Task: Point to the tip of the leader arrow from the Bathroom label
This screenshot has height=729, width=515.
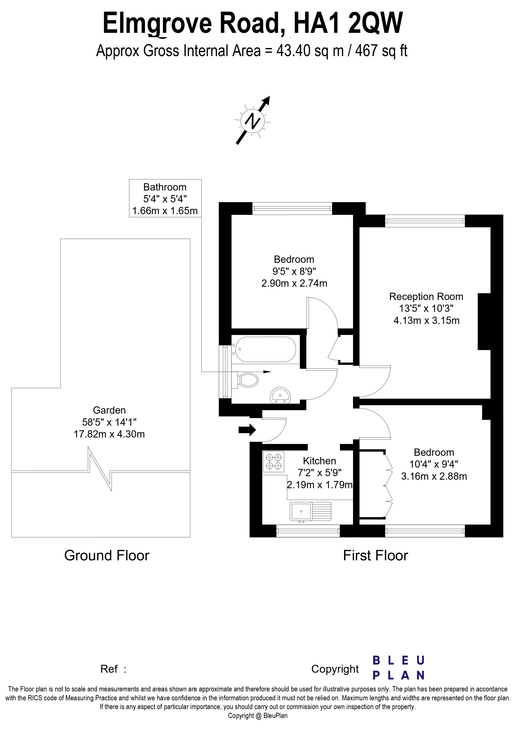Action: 271,372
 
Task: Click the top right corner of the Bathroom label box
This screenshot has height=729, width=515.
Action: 201,179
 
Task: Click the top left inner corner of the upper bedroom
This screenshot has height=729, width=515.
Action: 232,215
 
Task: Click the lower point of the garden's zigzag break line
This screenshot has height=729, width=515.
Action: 111,491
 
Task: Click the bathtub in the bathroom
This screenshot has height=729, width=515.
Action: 264,349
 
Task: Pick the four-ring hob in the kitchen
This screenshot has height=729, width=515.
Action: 273,462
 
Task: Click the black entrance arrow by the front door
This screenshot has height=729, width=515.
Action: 247,430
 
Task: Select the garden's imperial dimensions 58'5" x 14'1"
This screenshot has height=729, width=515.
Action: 109,422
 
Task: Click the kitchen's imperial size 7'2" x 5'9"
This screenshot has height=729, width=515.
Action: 320,473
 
